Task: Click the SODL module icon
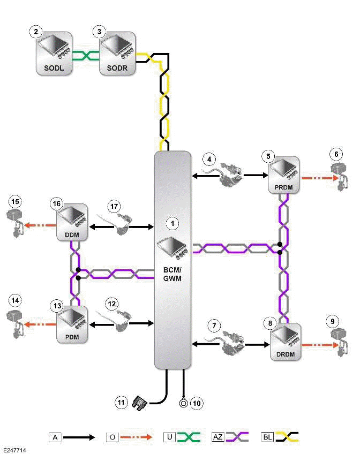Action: click(x=54, y=52)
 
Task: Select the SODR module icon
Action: click(x=117, y=52)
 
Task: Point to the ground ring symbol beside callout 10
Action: click(x=184, y=402)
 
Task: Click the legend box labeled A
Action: click(x=55, y=437)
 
